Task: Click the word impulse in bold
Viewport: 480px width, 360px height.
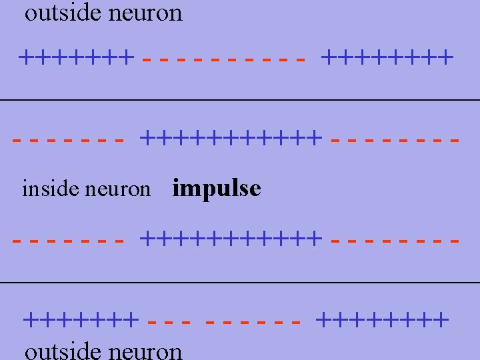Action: (x=216, y=189)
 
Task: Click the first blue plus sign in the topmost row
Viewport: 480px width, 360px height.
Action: (x=26, y=57)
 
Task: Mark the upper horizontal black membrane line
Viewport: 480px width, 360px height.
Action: (x=240, y=100)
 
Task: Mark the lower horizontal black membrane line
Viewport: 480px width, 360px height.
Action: (x=240, y=283)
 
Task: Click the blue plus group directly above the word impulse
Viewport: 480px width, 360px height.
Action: (x=231, y=139)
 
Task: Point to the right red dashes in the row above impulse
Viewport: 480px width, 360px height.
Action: (x=395, y=140)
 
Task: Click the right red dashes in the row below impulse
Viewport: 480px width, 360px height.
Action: (x=395, y=238)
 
